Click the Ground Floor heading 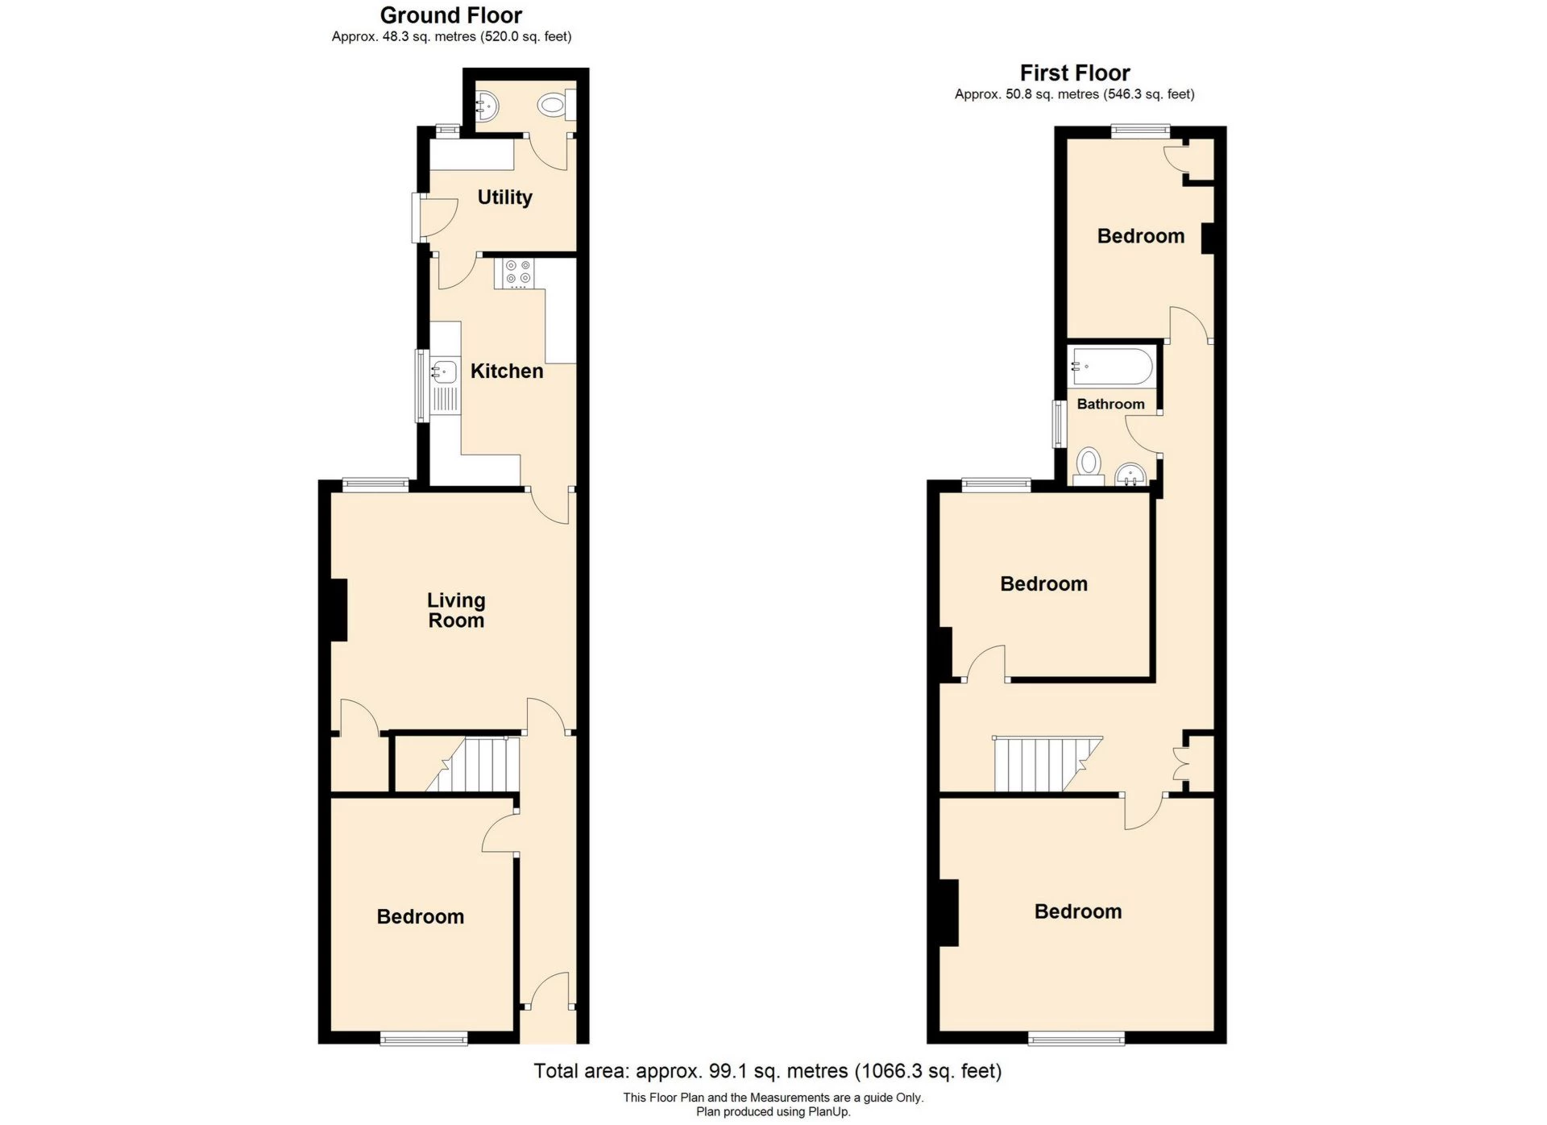pyautogui.click(x=450, y=15)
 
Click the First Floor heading pyautogui.click(x=1074, y=73)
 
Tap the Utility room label pyautogui.click(x=504, y=197)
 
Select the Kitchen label pyautogui.click(x=506, y=372)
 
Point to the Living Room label pyautogui.click(x=456, y=611)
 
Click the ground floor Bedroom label pyautogui.click(x=420, y=917)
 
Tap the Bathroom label pyautogui.click(x=1110, y=405)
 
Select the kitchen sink pyautogui.click(x=443, y=372)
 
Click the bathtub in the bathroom pyautogui.click(x=1112, y=367)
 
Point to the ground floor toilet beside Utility pyautogui.click(x=554, y=105)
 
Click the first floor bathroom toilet pyautogui.click(x=1089, y=465)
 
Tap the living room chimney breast pyautogui.click(x=338, y=610)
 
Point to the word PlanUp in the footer pyautogui.click(x=831, y=1112)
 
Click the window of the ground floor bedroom pyautogui.click(x=424, y=1039)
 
